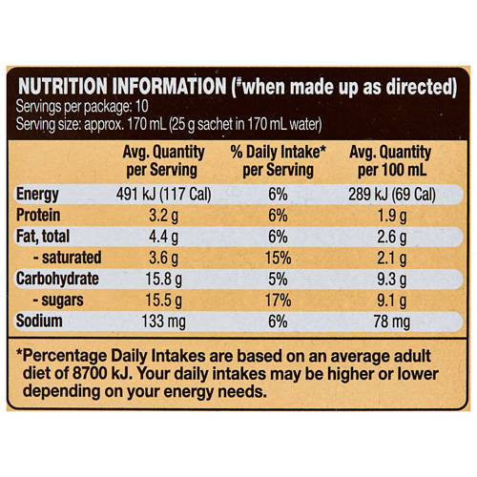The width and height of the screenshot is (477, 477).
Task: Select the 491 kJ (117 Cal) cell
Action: point(160,195)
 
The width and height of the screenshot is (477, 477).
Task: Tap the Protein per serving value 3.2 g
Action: point(160,216)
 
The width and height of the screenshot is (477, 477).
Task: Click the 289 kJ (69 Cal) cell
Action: point(393,195)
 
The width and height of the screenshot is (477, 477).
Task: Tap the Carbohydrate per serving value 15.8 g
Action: point(160,279)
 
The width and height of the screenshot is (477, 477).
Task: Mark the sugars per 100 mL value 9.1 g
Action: point(393,300)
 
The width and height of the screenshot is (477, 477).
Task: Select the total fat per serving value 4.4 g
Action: point(160,237)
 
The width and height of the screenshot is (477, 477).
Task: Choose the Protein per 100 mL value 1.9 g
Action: point(393,216)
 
